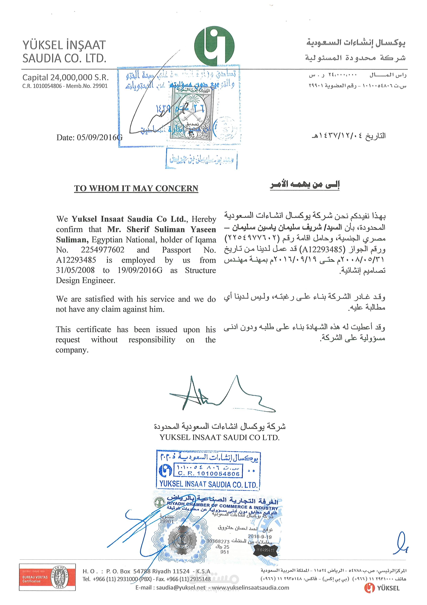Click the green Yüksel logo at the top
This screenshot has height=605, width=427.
214,46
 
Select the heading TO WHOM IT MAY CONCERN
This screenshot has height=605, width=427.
136,188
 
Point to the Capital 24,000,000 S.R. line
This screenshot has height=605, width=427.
65,77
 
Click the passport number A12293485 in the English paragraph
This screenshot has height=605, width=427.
76,260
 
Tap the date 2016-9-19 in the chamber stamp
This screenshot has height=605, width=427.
259,536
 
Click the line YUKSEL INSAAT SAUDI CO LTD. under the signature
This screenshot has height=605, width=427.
219,437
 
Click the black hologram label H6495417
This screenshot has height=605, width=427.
265,550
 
